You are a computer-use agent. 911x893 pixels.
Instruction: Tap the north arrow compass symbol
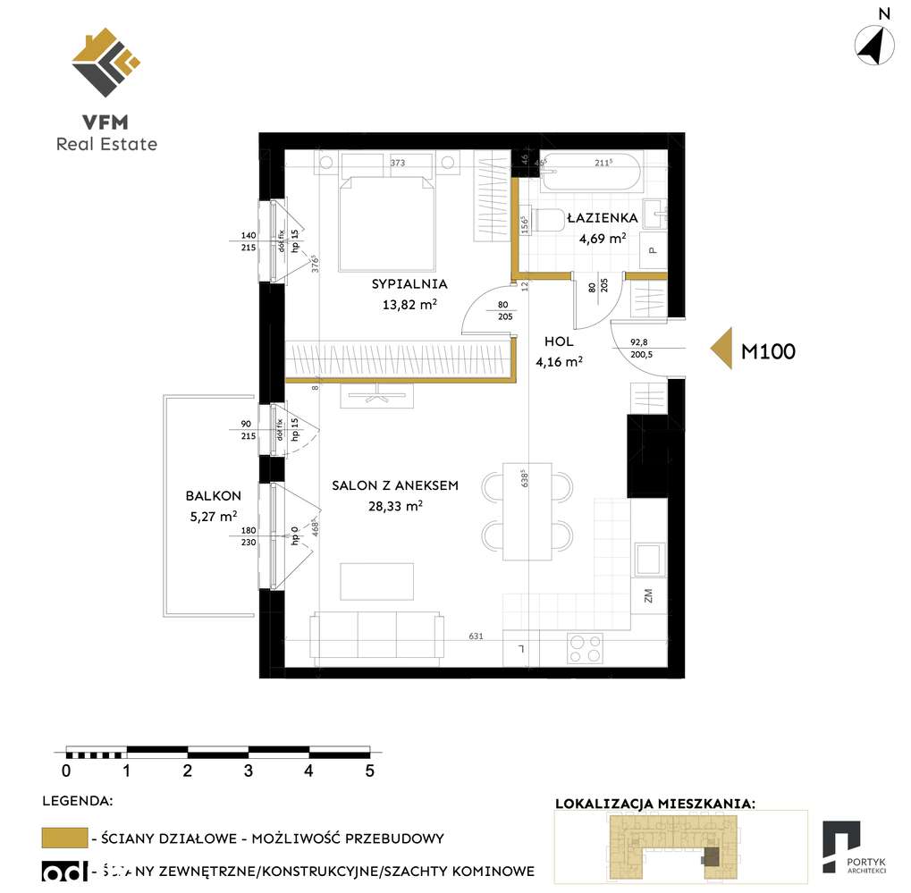(875, 44)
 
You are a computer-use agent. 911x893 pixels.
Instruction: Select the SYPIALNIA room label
(409, 284)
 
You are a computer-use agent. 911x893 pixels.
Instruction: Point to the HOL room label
(559, 341)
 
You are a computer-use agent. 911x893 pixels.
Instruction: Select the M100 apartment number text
(768, 351)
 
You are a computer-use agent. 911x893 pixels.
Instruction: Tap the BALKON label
(213, 495)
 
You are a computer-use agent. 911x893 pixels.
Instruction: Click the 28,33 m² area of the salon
(394, 505)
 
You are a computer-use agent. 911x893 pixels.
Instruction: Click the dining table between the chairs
(527, 511)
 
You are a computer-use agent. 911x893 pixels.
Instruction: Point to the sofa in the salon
(376, 636)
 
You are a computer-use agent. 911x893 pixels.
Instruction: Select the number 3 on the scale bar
(249, 770)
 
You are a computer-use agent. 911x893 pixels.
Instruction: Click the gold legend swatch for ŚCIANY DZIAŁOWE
(64, 838)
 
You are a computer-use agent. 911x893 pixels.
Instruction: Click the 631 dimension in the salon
(476, 636)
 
